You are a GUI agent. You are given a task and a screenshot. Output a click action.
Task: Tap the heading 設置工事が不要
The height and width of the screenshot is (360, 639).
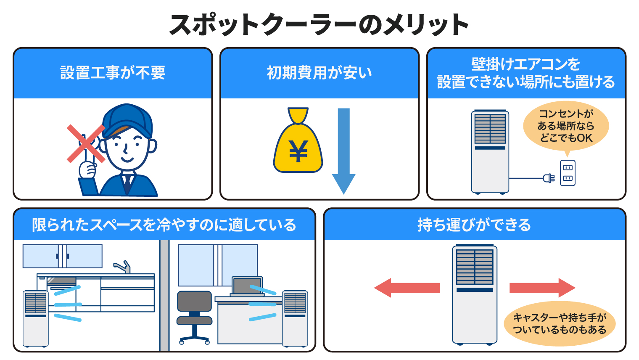[113, 73]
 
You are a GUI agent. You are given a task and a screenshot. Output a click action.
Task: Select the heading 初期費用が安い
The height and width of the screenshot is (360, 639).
[319, 73]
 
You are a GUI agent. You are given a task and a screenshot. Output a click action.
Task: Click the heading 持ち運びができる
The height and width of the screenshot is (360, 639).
[474, 225]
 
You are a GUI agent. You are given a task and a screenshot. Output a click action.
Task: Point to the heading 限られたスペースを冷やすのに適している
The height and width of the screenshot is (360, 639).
[164, 225]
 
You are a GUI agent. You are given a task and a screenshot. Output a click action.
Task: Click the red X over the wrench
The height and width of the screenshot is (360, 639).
[86, 143]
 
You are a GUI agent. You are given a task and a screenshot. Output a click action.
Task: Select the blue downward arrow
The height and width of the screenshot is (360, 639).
[343, 151]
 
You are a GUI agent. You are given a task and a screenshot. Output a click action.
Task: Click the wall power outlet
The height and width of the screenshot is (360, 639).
[568, 173]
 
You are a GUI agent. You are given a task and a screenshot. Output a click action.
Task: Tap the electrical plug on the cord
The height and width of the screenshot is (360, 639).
[548, 178]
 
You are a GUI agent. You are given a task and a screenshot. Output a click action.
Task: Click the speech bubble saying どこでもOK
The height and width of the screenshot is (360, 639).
[566, 126]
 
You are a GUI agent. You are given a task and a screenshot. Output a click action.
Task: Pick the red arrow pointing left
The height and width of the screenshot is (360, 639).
[407, 288]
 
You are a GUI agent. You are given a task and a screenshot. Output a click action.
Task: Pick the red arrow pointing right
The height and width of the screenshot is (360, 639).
[542, 288]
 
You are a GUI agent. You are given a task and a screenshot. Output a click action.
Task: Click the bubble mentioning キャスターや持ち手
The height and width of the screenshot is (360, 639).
[560, 323]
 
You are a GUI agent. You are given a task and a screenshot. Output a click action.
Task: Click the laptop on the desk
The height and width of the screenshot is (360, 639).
[247, 286]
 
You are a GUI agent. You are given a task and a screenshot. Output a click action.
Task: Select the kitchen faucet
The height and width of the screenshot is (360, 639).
[123, 267]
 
